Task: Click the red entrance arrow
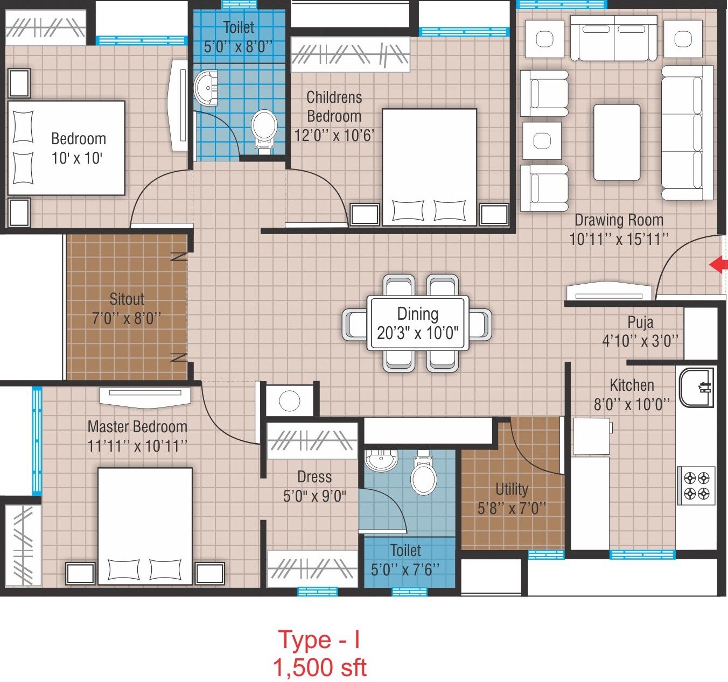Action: tap(718, 264)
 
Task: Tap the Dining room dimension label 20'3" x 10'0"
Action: tap(417, 334)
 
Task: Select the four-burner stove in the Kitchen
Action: tap(696, 486)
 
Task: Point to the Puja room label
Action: tap(640, 322)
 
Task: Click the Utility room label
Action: tap(512, 489)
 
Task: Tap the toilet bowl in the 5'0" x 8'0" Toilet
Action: tap(264, 128)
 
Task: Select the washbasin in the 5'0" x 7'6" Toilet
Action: tap(381, 460)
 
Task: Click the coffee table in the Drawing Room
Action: tap(617, 142)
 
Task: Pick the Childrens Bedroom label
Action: tap(334, 107)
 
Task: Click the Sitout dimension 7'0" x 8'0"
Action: tap(127, 319)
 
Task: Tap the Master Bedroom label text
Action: tap(137, 427)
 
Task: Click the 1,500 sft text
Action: tap(320, 667)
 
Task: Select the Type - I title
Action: tap(319, 639)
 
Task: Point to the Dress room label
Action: tap(314, 477)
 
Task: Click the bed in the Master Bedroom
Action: tap(145, 525)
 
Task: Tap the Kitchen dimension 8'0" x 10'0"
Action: tap(632, 405)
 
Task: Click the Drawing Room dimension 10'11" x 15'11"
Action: tap(619, 239)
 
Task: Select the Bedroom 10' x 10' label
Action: tap(78, 148)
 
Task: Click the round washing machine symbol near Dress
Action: tap(289, 401)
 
